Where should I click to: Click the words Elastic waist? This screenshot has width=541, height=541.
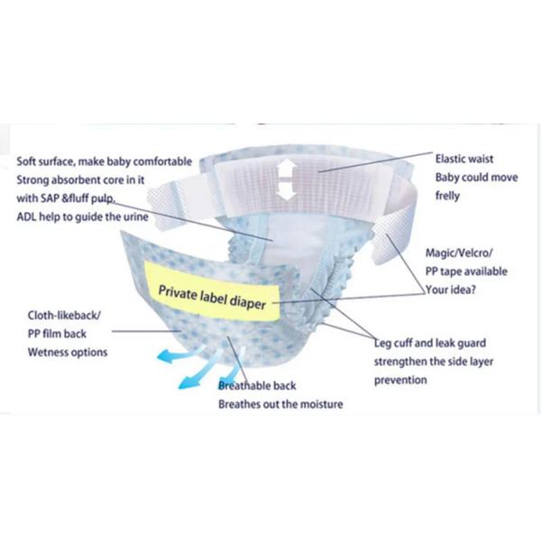[464, 159]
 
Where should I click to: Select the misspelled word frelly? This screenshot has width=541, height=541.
[447, 196]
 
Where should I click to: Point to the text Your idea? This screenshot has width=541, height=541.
[451, 289]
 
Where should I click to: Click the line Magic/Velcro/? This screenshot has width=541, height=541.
[459, 252]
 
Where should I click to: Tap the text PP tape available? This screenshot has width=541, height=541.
[466, 271]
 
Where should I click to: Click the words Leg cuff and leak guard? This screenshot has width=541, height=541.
[430, 343]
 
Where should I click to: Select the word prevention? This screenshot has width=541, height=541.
[400, 380]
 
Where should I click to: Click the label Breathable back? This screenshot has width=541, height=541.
[257, 386]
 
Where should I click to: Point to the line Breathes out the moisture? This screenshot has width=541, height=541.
[280, 404]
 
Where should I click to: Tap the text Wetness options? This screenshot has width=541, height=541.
[68, 353]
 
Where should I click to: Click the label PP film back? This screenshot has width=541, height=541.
[57, 334]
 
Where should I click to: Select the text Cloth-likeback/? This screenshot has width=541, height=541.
[64, 316]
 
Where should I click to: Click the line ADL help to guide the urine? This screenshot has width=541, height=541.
[82, 217]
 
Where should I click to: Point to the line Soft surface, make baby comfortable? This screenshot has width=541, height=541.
[105, 161]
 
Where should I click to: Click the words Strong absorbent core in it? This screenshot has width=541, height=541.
[80, 180]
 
